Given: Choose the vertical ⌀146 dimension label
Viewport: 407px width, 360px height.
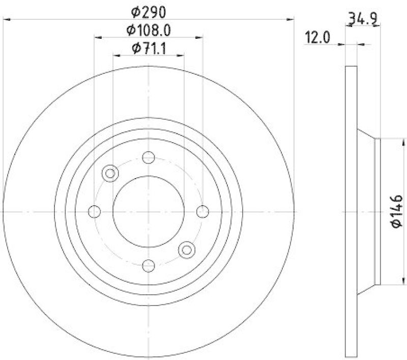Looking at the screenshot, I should [x=397, y=211].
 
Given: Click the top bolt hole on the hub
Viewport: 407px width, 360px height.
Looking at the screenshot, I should [x=149, y=157].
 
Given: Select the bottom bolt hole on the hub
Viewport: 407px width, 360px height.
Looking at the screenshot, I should [x=149, y=265].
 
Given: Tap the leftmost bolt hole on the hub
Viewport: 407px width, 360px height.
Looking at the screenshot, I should [x=94, y=211].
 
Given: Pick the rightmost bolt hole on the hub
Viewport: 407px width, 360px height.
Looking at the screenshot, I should [x=202, y=211].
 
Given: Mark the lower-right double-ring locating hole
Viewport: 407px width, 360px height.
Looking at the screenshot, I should [x=187, y=249].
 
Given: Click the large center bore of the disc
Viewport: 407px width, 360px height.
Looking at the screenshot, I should [x=149, y=211].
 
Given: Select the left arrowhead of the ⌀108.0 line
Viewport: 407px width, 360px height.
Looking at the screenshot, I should [x=97, y=37].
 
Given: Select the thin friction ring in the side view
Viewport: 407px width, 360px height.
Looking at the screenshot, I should [x=351, y=211].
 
